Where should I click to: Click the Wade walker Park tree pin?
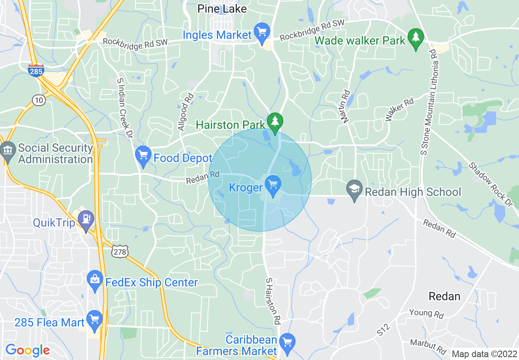416,38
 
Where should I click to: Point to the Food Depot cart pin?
143,156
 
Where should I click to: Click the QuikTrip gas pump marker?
86,220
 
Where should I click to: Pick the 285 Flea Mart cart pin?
95,320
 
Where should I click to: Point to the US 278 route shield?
120,252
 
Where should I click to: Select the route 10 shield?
39,100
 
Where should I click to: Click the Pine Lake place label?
222,9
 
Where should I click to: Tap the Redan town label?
444,296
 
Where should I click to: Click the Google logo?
27,350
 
